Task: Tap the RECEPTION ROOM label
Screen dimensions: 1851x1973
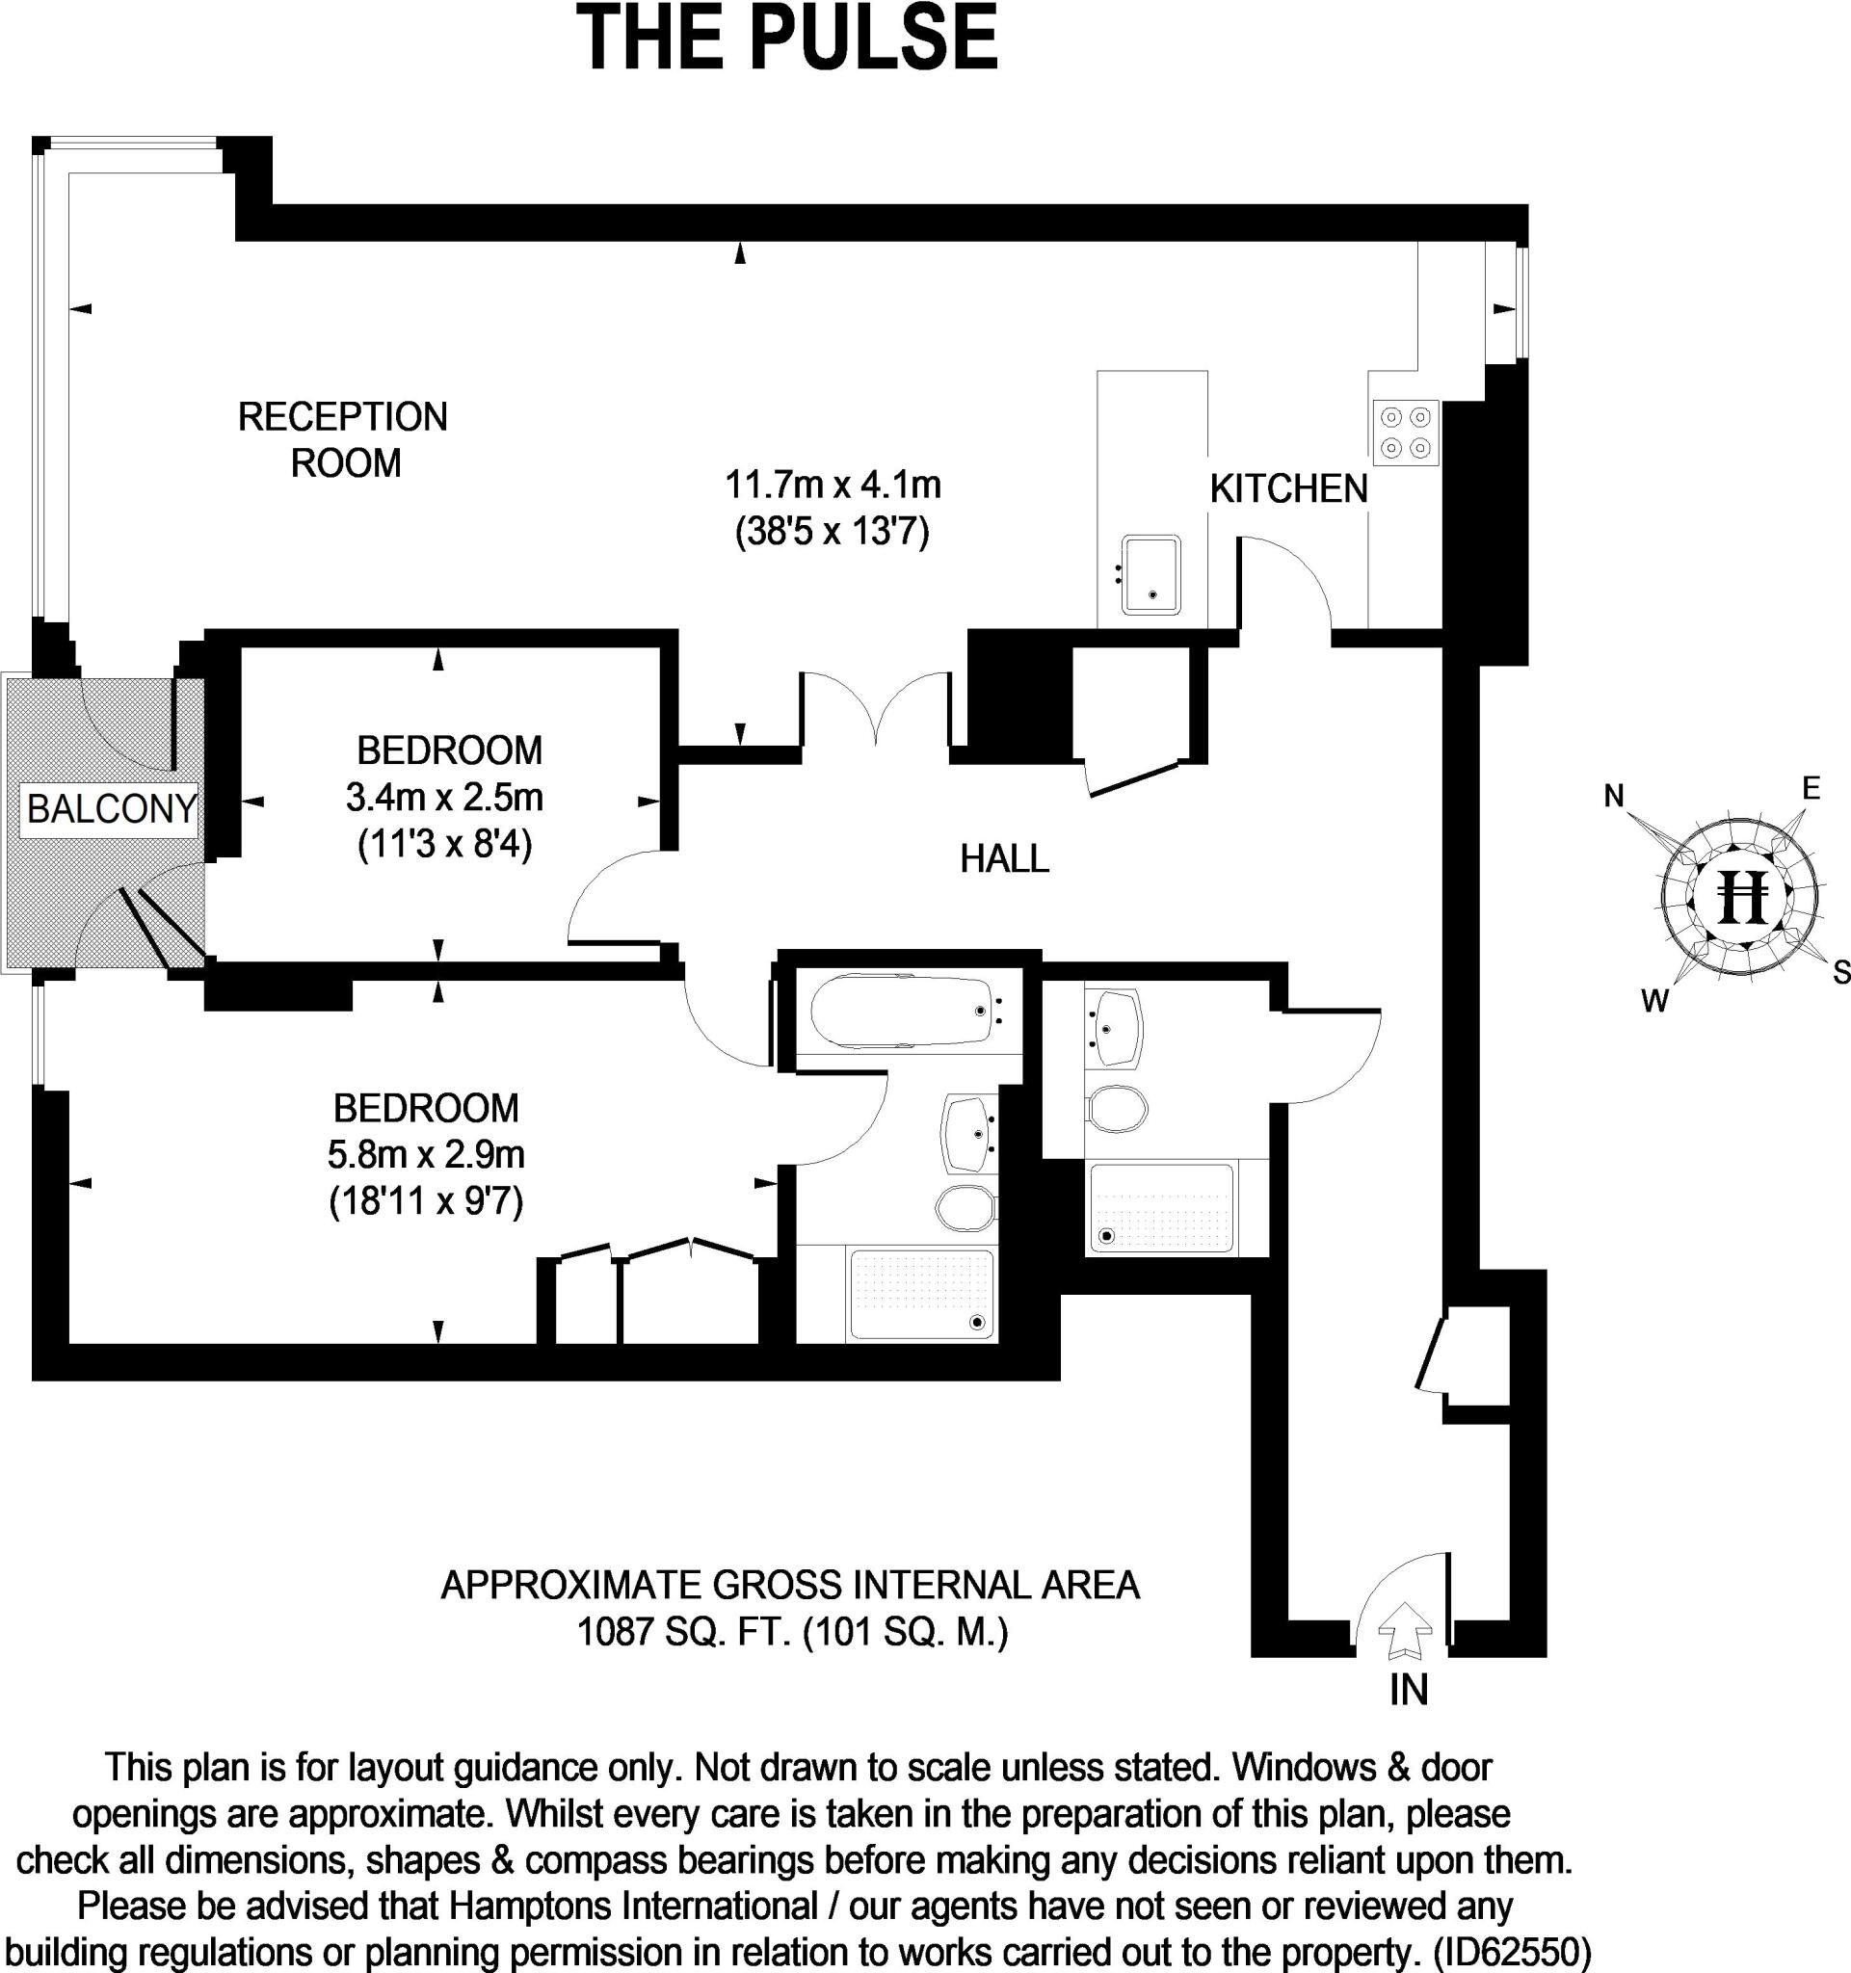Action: tap(343, 439)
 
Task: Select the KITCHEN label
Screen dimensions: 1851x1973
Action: tap(1288, 489)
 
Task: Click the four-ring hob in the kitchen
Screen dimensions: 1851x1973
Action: tap(1406, 433)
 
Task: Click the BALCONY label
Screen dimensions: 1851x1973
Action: tap(111, 809)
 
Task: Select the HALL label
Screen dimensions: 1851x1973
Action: tap(1004, 858)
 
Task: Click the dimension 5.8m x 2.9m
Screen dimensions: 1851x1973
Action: tap(426, 1154)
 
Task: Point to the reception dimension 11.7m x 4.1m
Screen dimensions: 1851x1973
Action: tap(833, 486)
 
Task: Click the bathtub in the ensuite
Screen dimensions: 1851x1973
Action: tap(902, 1012)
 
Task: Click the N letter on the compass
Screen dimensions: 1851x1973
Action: tap(1614, 796)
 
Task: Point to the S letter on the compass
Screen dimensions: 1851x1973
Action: tap(1840, 972)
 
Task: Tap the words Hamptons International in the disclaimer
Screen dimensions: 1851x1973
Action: tap(633, 1907)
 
